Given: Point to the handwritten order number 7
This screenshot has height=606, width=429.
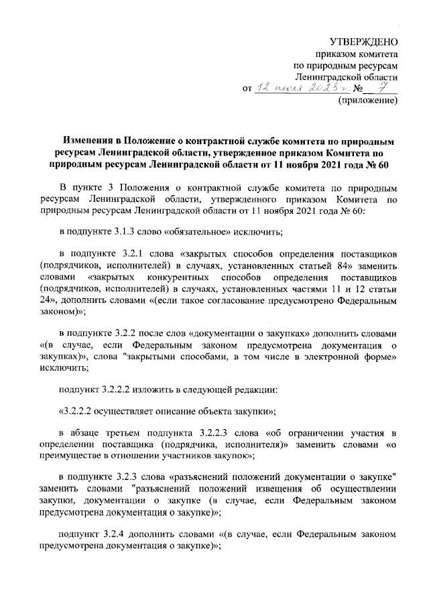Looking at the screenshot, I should click(x=384, y=88).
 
